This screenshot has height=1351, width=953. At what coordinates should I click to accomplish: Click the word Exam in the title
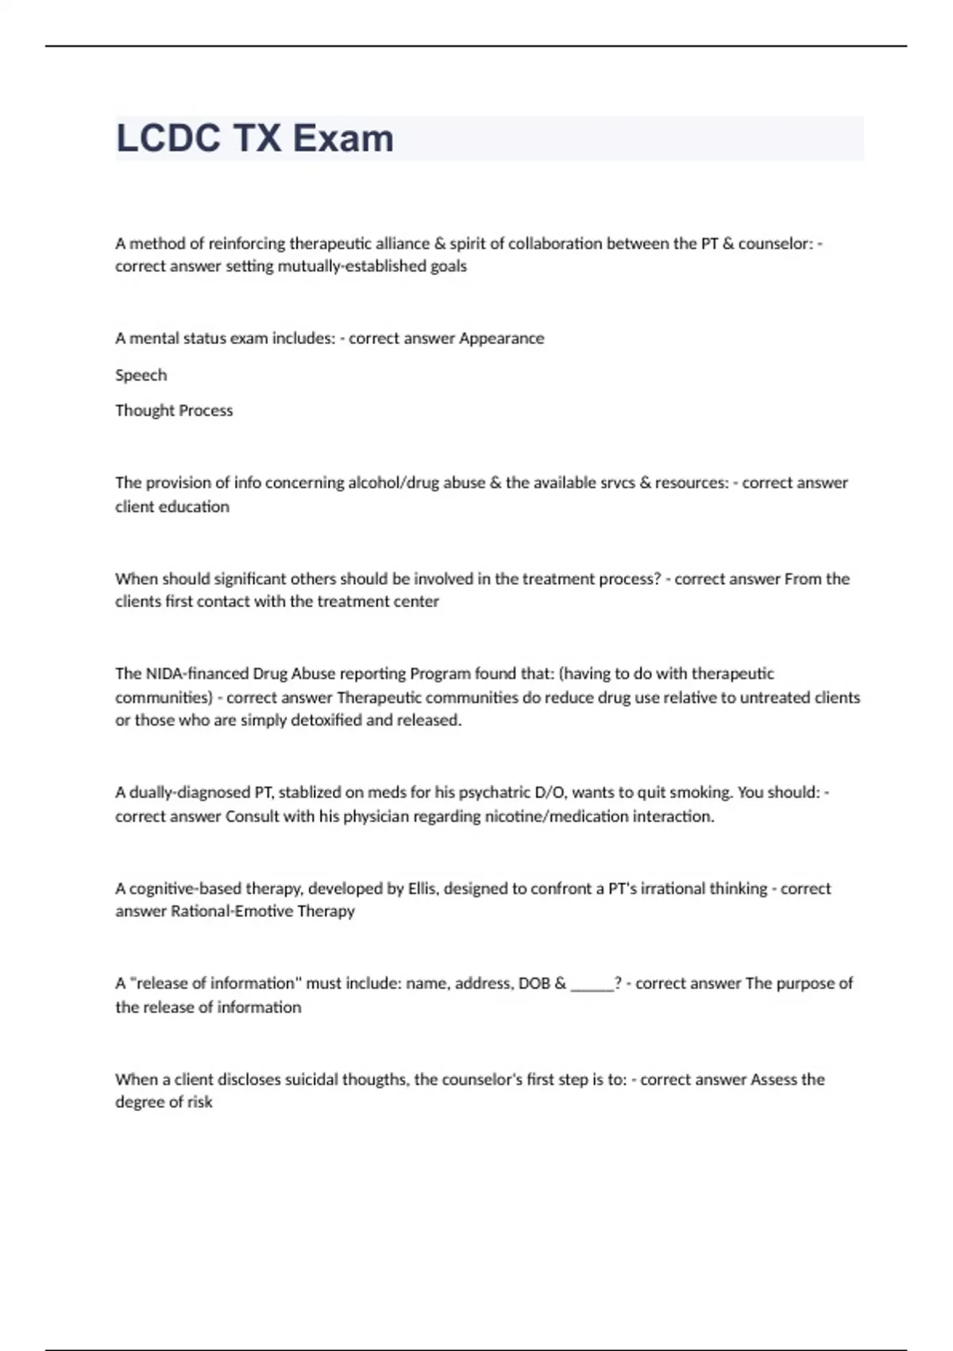pos(343,138)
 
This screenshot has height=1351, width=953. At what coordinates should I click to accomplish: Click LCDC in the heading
pos(168,138)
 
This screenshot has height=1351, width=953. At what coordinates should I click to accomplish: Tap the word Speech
pos(141,375)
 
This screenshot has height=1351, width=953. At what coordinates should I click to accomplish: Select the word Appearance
pos(502,339)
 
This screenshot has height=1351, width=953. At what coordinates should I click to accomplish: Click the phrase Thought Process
pos(174,411)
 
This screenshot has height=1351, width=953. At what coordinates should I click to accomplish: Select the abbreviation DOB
pos(534,984)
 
